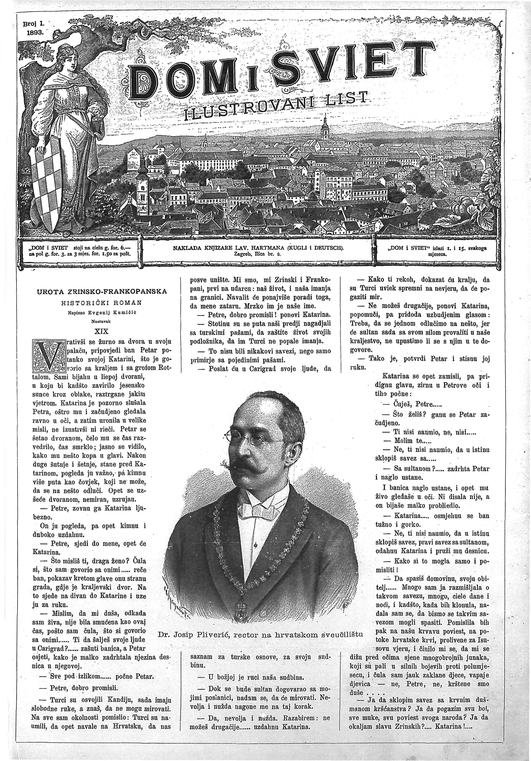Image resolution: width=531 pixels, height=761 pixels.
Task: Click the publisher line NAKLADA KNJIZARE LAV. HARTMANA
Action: (x=258, y=248)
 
